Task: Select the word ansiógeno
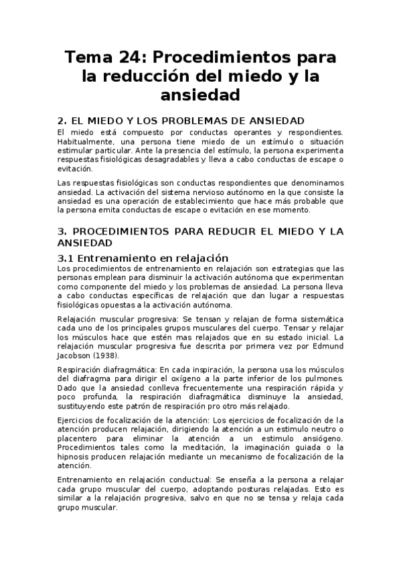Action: pos(318,437)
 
